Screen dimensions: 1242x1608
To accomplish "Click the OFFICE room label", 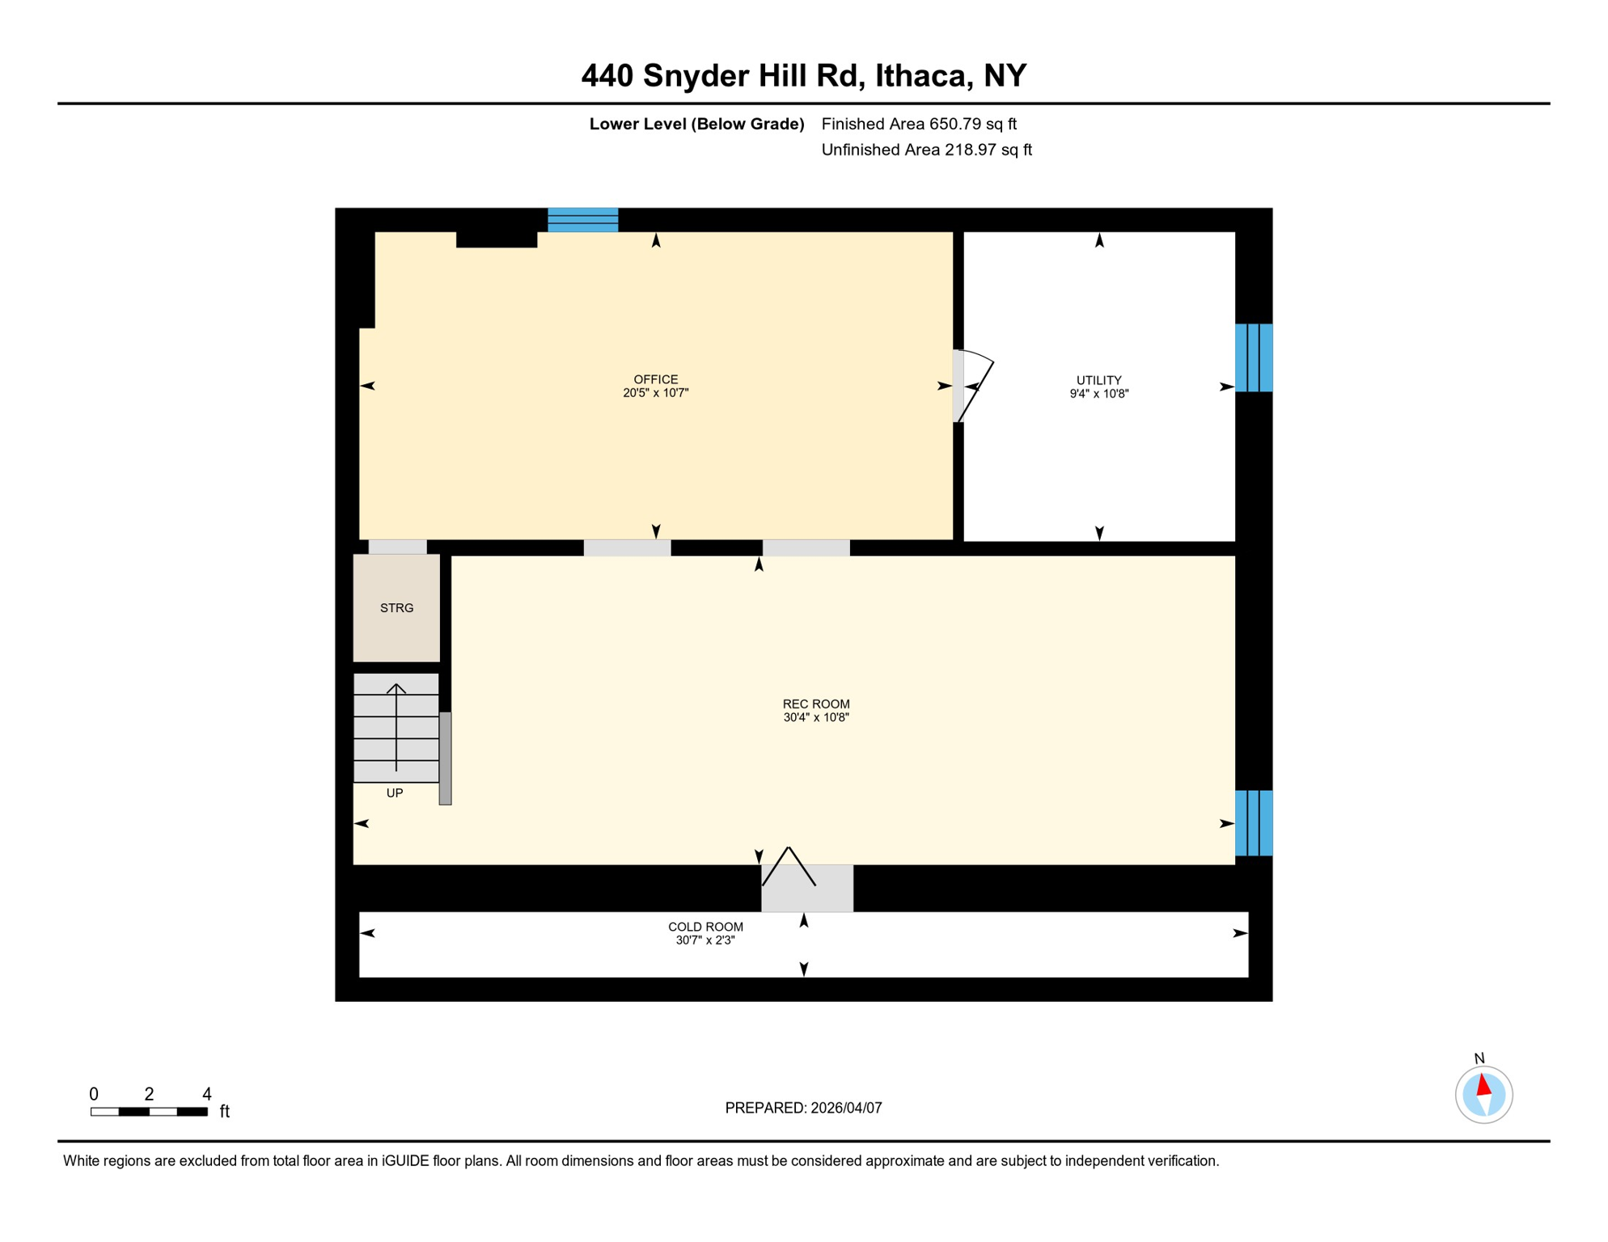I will [655, 379].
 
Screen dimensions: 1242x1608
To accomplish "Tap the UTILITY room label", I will [1098, 380].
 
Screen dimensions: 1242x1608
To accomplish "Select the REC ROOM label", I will [815, 704].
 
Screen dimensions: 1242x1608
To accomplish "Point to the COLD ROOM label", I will [705, 927].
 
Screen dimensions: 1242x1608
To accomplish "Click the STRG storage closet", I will [396, 608].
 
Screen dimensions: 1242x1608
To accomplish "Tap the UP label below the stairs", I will [395, 793].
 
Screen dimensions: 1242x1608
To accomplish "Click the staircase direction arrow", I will [396, 728].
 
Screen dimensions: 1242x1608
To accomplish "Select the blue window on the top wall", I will [582, 220].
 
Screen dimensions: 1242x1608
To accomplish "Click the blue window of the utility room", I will [1253, 357].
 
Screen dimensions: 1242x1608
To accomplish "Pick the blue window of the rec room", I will [1253, 823].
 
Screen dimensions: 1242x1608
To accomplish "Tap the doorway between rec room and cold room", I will [806, 886].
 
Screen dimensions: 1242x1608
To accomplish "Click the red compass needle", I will [1483, 1085].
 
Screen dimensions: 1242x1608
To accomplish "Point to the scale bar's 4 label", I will [207, 1094].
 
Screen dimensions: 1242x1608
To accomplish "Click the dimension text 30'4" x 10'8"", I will [815, 717].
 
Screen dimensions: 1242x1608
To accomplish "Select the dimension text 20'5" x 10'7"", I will [655, 393].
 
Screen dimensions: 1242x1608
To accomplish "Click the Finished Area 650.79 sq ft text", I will [919, 124].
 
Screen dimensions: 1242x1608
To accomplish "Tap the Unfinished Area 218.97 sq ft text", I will [926, 150].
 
